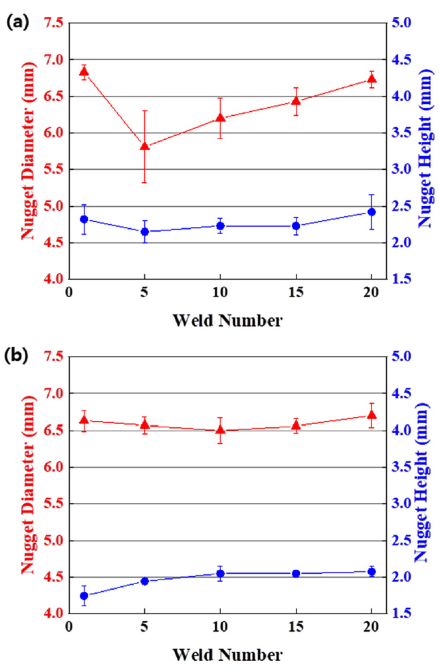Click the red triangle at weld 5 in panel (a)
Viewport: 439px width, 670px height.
pyautogui.click(x=144, y=146)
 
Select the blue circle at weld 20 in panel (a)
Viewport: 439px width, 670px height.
pyautogui.click(x=371, y=212)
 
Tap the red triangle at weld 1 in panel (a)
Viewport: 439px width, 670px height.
pyautogui.click(x=84, y=72)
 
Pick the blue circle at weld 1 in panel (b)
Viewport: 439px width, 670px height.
pyautogui.click(x=84, y=596)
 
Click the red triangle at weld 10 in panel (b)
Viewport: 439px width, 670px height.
pyautogui.click(x=220, y=430)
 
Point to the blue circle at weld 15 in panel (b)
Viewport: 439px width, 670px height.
pyautogui.click(x=296, y=573)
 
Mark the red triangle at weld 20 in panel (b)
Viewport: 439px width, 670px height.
pyautogui.click(x=371, y=415)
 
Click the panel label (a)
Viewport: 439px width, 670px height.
pyautogui.click(x=17, y=22)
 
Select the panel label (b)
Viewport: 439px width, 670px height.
pyautogui.click(x=17, y=356)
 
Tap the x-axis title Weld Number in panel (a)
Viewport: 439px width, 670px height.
pyautogui.click(x=228, y=320)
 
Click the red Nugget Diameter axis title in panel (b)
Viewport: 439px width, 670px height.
pyautogui.click(x=27, y=485)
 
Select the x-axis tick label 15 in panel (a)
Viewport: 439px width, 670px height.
pyautogui.click(x=296, y=292)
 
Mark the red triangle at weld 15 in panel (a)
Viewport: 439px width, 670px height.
pyautogui.click(x=296, y=101)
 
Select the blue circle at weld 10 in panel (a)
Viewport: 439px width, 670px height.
pyautogui.click(x=220, y=226)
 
